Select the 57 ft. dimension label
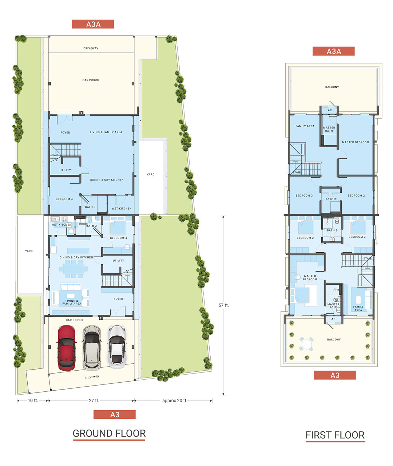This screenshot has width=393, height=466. pos(223,305)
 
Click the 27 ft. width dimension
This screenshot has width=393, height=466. pos(94,400)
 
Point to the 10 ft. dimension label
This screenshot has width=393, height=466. pos(33,400)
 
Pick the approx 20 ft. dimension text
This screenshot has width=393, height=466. pos(175,400)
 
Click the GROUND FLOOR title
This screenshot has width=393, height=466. pos(109,433)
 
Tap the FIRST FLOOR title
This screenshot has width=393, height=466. pos(335,435)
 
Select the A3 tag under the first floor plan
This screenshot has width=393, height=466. pos(334,375)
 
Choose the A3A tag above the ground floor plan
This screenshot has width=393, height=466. pos(93,24)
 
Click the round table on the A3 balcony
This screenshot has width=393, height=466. pos(306,344)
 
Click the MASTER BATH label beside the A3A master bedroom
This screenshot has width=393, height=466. pos(329,129)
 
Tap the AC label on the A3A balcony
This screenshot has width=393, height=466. pos(330,110)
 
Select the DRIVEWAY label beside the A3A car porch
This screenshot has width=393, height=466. pos(91,48)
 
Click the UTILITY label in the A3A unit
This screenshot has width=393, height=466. pos(65,170)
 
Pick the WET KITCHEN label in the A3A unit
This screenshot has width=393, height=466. pos(122,209)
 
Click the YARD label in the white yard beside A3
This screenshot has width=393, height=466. pos(29,251)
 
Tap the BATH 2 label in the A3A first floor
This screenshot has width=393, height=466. pos(331,199)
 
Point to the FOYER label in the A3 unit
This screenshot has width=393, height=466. pos(118,299)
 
